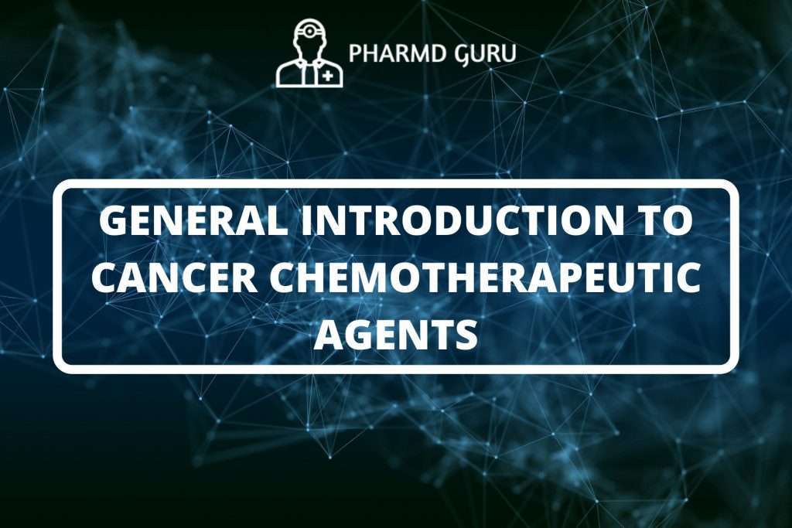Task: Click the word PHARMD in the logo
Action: pyautogui.click(x=392, y=54)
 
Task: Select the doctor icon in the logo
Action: pyautogui.click(x=309, y=53)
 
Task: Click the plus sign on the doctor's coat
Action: pyautogui.click(x=329, y=76)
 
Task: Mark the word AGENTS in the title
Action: pyautogui.click(x=395, y=334)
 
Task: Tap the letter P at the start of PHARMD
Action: pyautogui.click(x=355, y=54)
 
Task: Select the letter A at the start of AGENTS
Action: pyautogui.click(x=326, y=334)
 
